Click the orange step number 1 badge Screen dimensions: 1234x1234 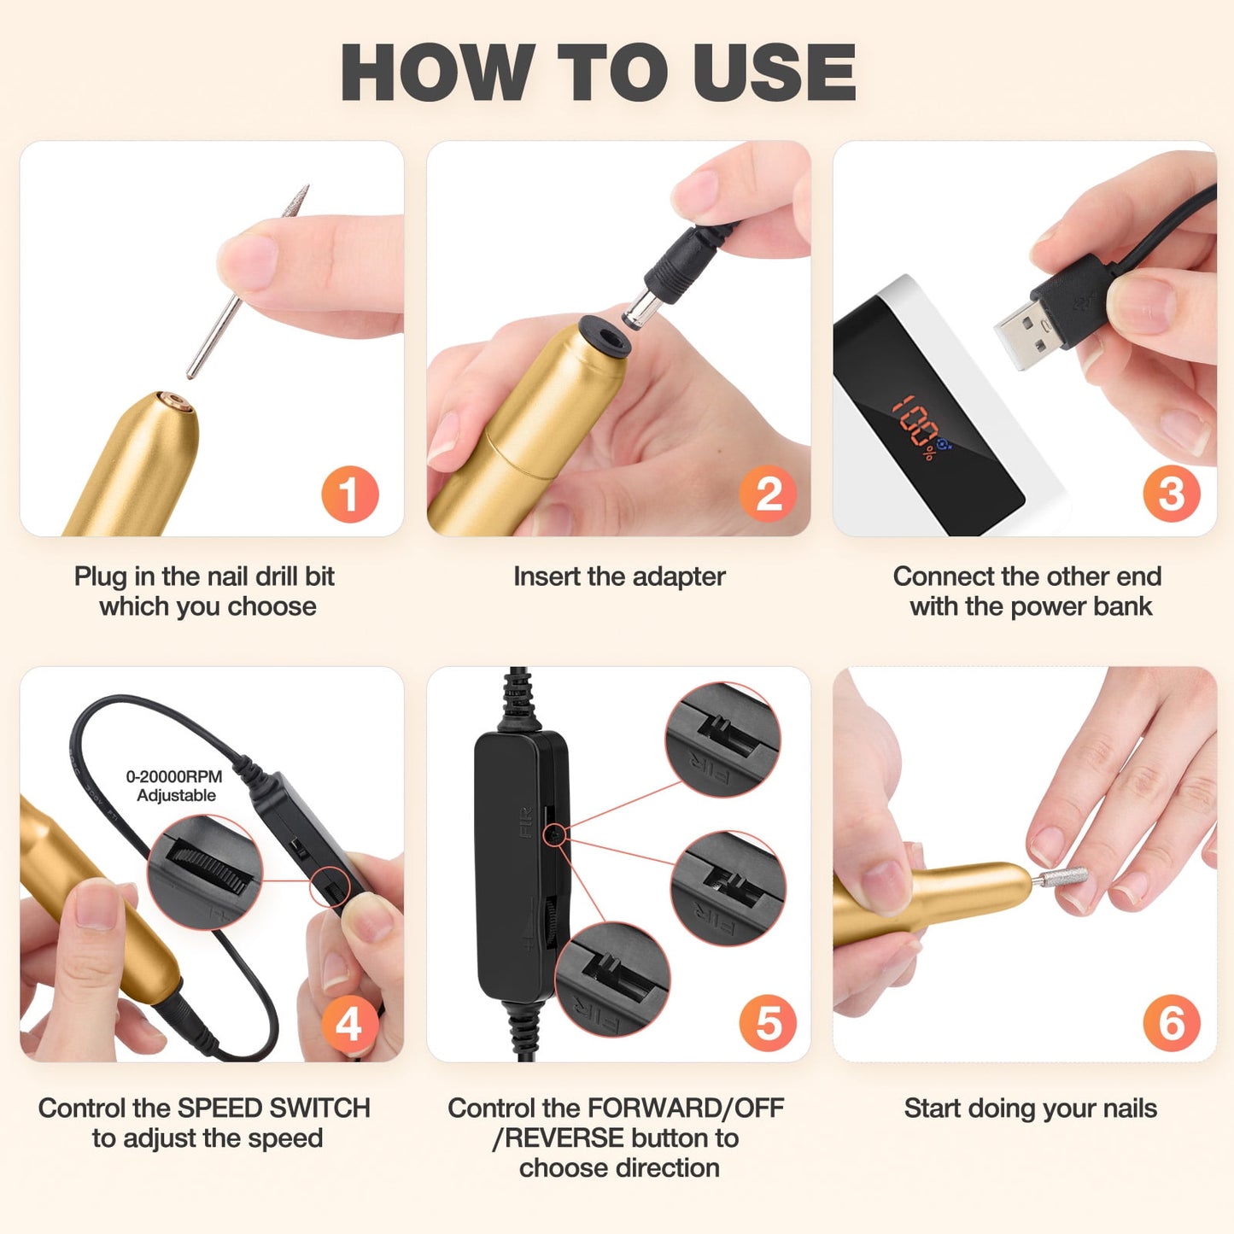pyautogui.click(x=349, y=494)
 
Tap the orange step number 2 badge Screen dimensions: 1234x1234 pyautogui.click(x=768, y=494)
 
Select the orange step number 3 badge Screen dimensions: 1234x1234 pyautogui.click(x=1172, y=494)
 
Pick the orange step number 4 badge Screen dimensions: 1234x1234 pyautogui.click(x=349, y=1023)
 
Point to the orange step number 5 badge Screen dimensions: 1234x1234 pyautogui.click(x=768, y=1023)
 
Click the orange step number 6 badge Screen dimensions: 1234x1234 pyautogui.click(x=1172, y=1023)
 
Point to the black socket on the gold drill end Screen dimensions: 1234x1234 pyautogui.click(x=605, y=335)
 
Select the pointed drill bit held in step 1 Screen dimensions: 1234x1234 pyautogui.click(x=248, y=282)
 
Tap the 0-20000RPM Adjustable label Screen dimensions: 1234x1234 pyautogui.click(x=175, y=786)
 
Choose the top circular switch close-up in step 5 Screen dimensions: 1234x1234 pyautogui.click(x=722, y=740)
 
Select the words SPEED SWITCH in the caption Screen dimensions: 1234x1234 pyautogui.click(x=272, y=1108)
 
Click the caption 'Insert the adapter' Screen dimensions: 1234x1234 pyautogui.click(x=619, y=576)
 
